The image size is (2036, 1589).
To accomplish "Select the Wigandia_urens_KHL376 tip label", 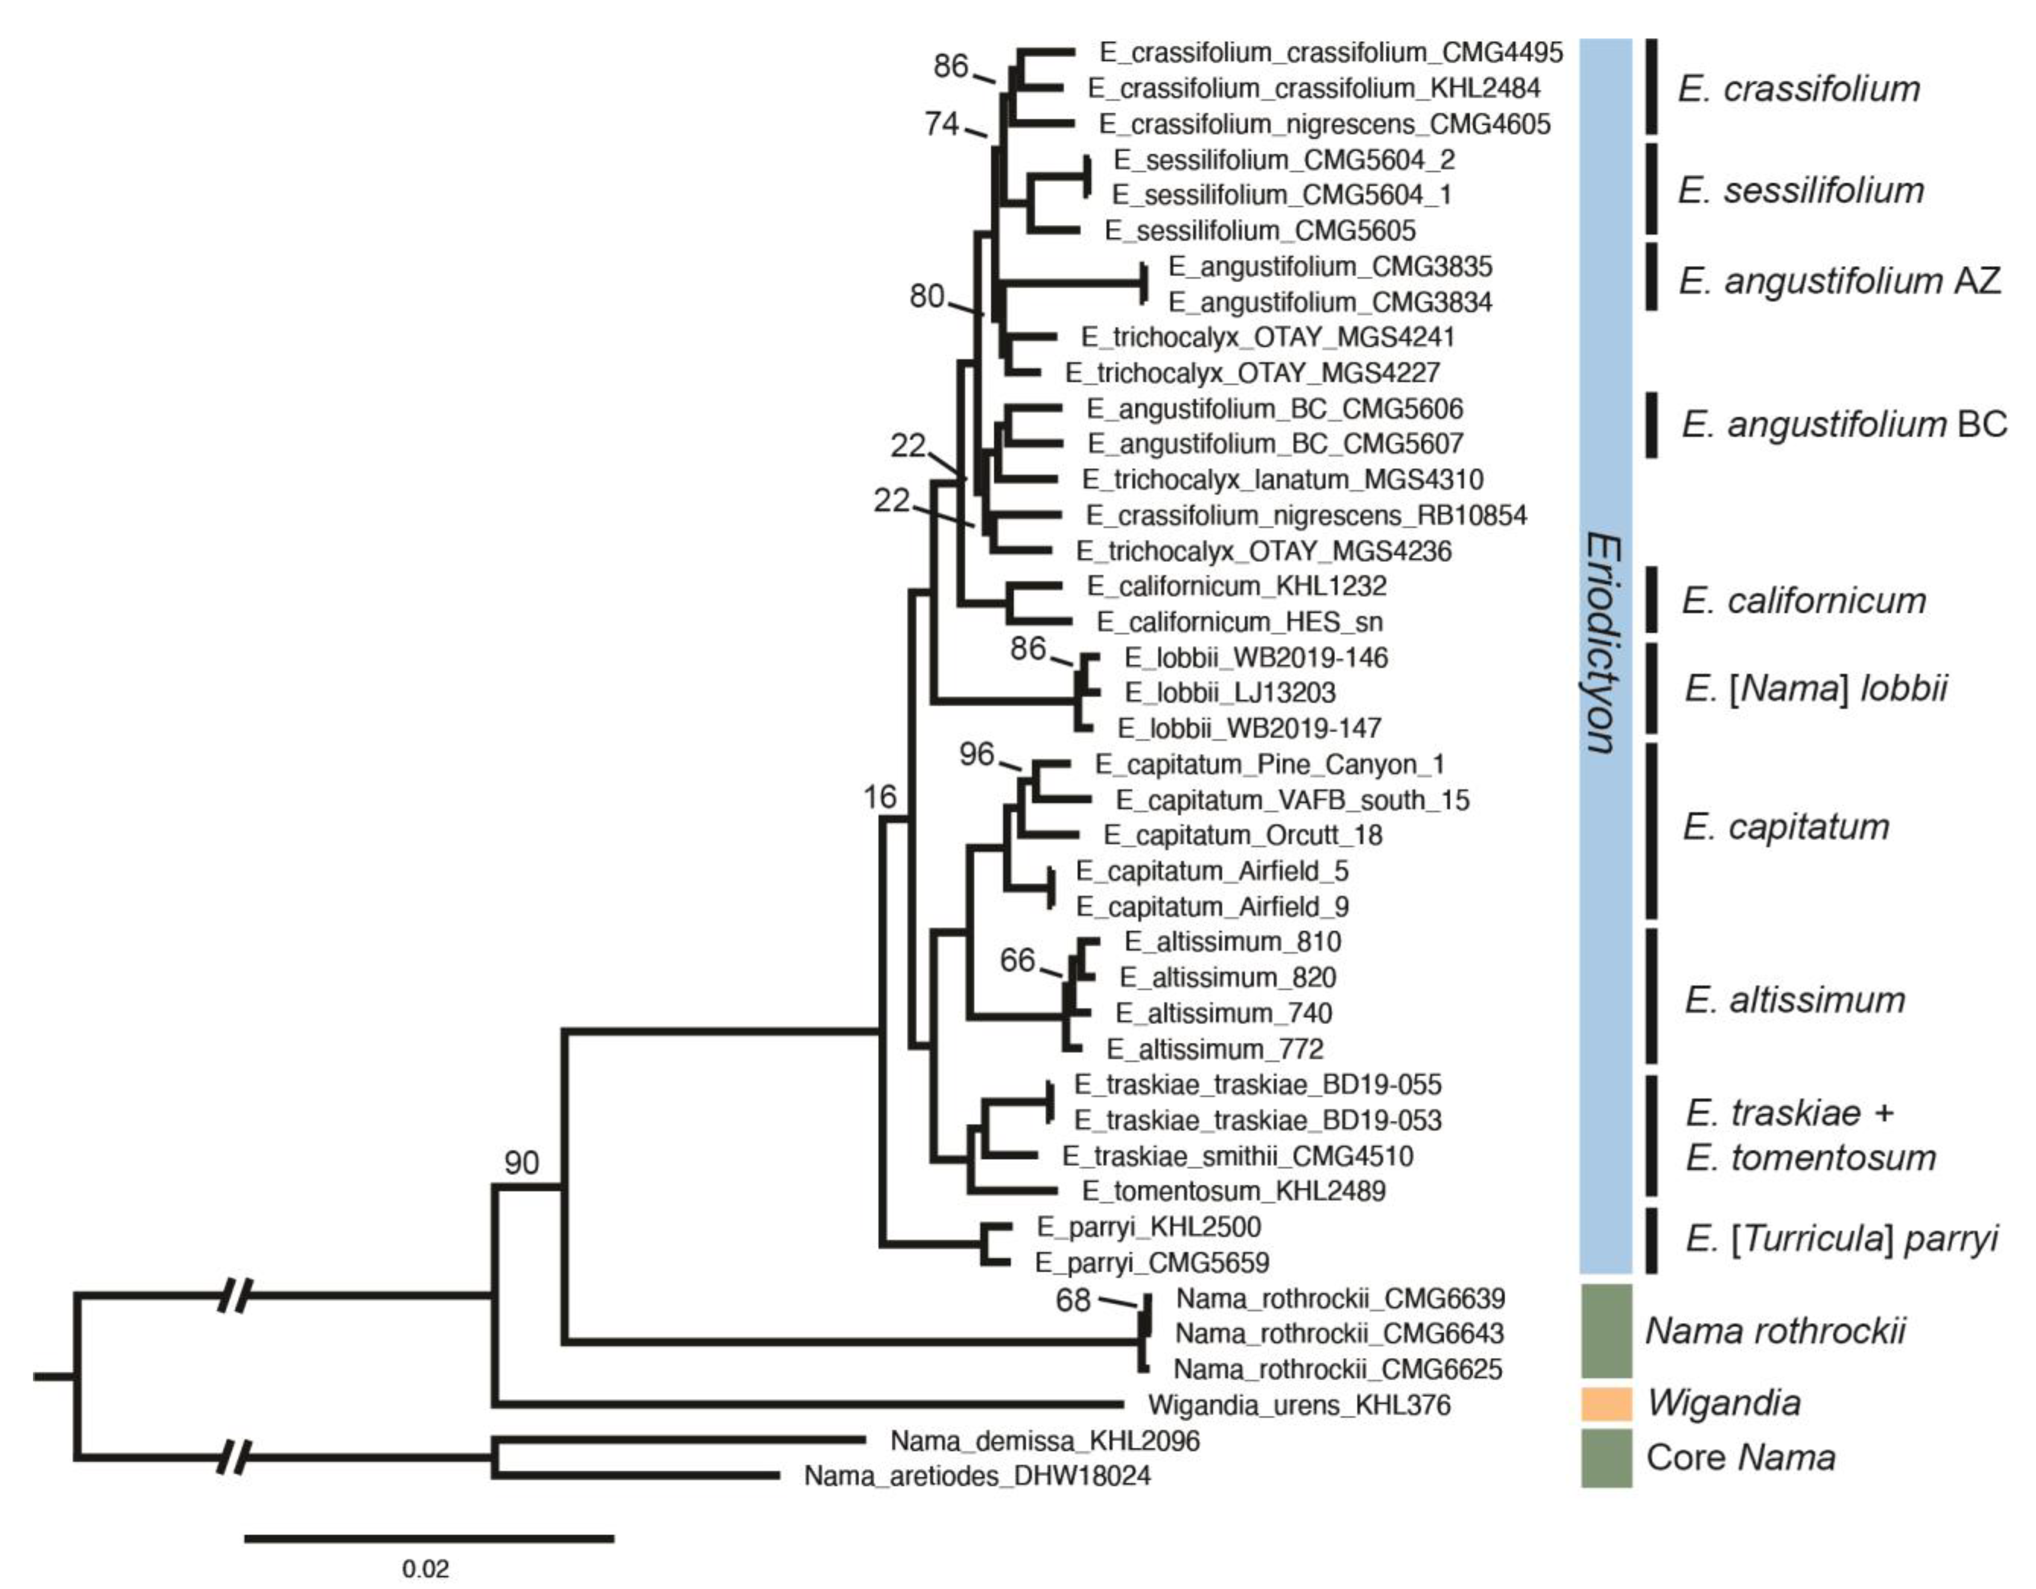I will (x=1299, y=1404).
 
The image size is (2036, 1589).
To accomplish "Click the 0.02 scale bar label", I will (x=425, y=1568).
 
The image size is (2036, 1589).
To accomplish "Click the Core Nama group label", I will (x=1740, y=1457).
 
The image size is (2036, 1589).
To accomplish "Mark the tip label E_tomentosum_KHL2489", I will (x=1233, y=1191).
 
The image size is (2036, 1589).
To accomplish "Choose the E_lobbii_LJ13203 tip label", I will (x=1229, y=693).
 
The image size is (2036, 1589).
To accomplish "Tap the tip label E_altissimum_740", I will (x=1223, y=1013).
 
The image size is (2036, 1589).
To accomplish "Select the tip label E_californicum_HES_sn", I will (x=1239, y=622).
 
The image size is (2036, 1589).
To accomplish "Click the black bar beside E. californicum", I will (x=1652, y=600).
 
